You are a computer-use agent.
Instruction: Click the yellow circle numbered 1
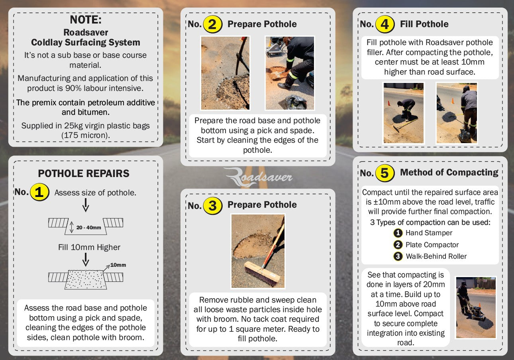point(39,192)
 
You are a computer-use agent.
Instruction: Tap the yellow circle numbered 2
point(213,24)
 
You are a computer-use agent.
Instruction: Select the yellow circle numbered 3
point(213,206)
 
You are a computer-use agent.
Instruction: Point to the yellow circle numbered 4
point(385,24)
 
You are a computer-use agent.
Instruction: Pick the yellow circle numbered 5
point(385,173)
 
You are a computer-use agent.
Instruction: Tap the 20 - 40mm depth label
point(88,228)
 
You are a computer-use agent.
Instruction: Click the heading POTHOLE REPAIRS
point(84,173)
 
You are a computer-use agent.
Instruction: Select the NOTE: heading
point(86,20)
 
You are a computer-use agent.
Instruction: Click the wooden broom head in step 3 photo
point(262,273)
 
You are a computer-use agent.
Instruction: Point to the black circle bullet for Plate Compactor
point(398,245)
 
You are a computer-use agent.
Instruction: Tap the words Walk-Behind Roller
point(436,256)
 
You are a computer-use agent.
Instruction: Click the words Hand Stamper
point(429,233)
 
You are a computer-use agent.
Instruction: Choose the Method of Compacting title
point(449,172)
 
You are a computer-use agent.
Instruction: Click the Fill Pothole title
point(424,24)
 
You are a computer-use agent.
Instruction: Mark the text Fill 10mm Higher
point(89,247)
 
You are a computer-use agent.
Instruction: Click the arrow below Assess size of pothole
point(86,205)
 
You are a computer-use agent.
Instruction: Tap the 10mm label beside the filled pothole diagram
point(118,265)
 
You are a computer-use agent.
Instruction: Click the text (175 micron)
point(86,135)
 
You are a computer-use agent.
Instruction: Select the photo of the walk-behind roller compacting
point(476,307)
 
